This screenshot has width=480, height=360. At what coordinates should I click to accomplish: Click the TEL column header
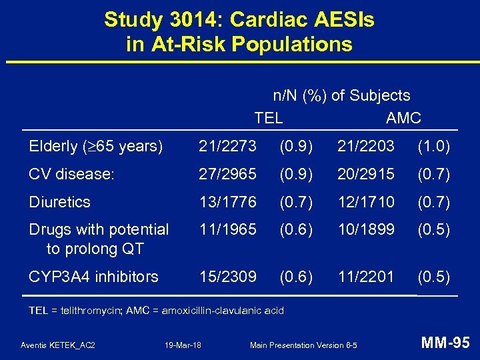tap(268, 118)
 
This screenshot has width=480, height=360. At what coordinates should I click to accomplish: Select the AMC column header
tap(403, 118)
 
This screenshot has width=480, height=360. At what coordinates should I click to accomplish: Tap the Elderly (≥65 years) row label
tap(96, 146)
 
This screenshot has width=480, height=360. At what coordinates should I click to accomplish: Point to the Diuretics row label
tap(60, 201)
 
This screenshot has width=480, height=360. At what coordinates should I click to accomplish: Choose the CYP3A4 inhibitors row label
tap(93, 276)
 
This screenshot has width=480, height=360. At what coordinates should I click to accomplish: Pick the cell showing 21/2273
tap(227, 146)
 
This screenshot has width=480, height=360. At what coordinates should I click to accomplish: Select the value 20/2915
tap(366, 174)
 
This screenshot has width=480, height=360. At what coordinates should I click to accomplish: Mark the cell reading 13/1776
tap(227, 201)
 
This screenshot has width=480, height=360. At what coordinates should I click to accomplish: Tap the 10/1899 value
tap(366, 229)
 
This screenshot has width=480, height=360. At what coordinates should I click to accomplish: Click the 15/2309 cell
tap(227, 276)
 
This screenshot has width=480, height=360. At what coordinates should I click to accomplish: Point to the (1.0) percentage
tap(433, 146)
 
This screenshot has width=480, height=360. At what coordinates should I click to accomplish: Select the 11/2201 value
tap(366, 276)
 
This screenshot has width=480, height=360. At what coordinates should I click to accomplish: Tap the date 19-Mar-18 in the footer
tap(183, 345)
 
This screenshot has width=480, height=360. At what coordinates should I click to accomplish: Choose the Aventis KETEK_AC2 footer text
tap(58, 345)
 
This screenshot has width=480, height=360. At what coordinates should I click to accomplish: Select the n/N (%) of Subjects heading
tap(341, 96)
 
